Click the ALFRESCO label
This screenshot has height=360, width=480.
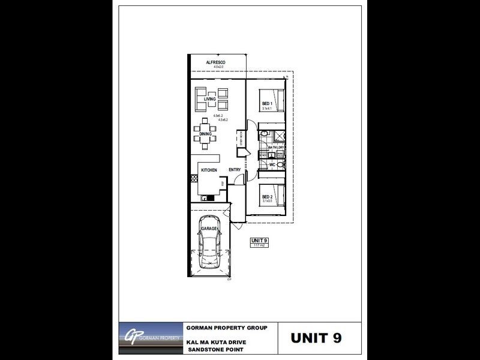[x=215, y=62]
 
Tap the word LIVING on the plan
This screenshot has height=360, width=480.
[x=210, y=99]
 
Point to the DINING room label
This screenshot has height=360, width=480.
[x=206, y=134]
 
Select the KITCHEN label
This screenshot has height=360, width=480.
[x=209, y=170]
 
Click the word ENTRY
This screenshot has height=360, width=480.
[x=235, y=170]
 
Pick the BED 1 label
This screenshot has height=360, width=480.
[x=267, y=104]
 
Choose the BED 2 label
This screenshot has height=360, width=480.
[x=267, y=197]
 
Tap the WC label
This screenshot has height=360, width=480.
[x=272, y=164]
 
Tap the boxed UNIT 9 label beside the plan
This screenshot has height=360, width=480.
[x=259, y=241]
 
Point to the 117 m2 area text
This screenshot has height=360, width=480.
[x=259, y=245]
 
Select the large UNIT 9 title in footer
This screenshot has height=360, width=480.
[x=316, y=337]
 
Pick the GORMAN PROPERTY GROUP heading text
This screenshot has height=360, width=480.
[x=231, y=328]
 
